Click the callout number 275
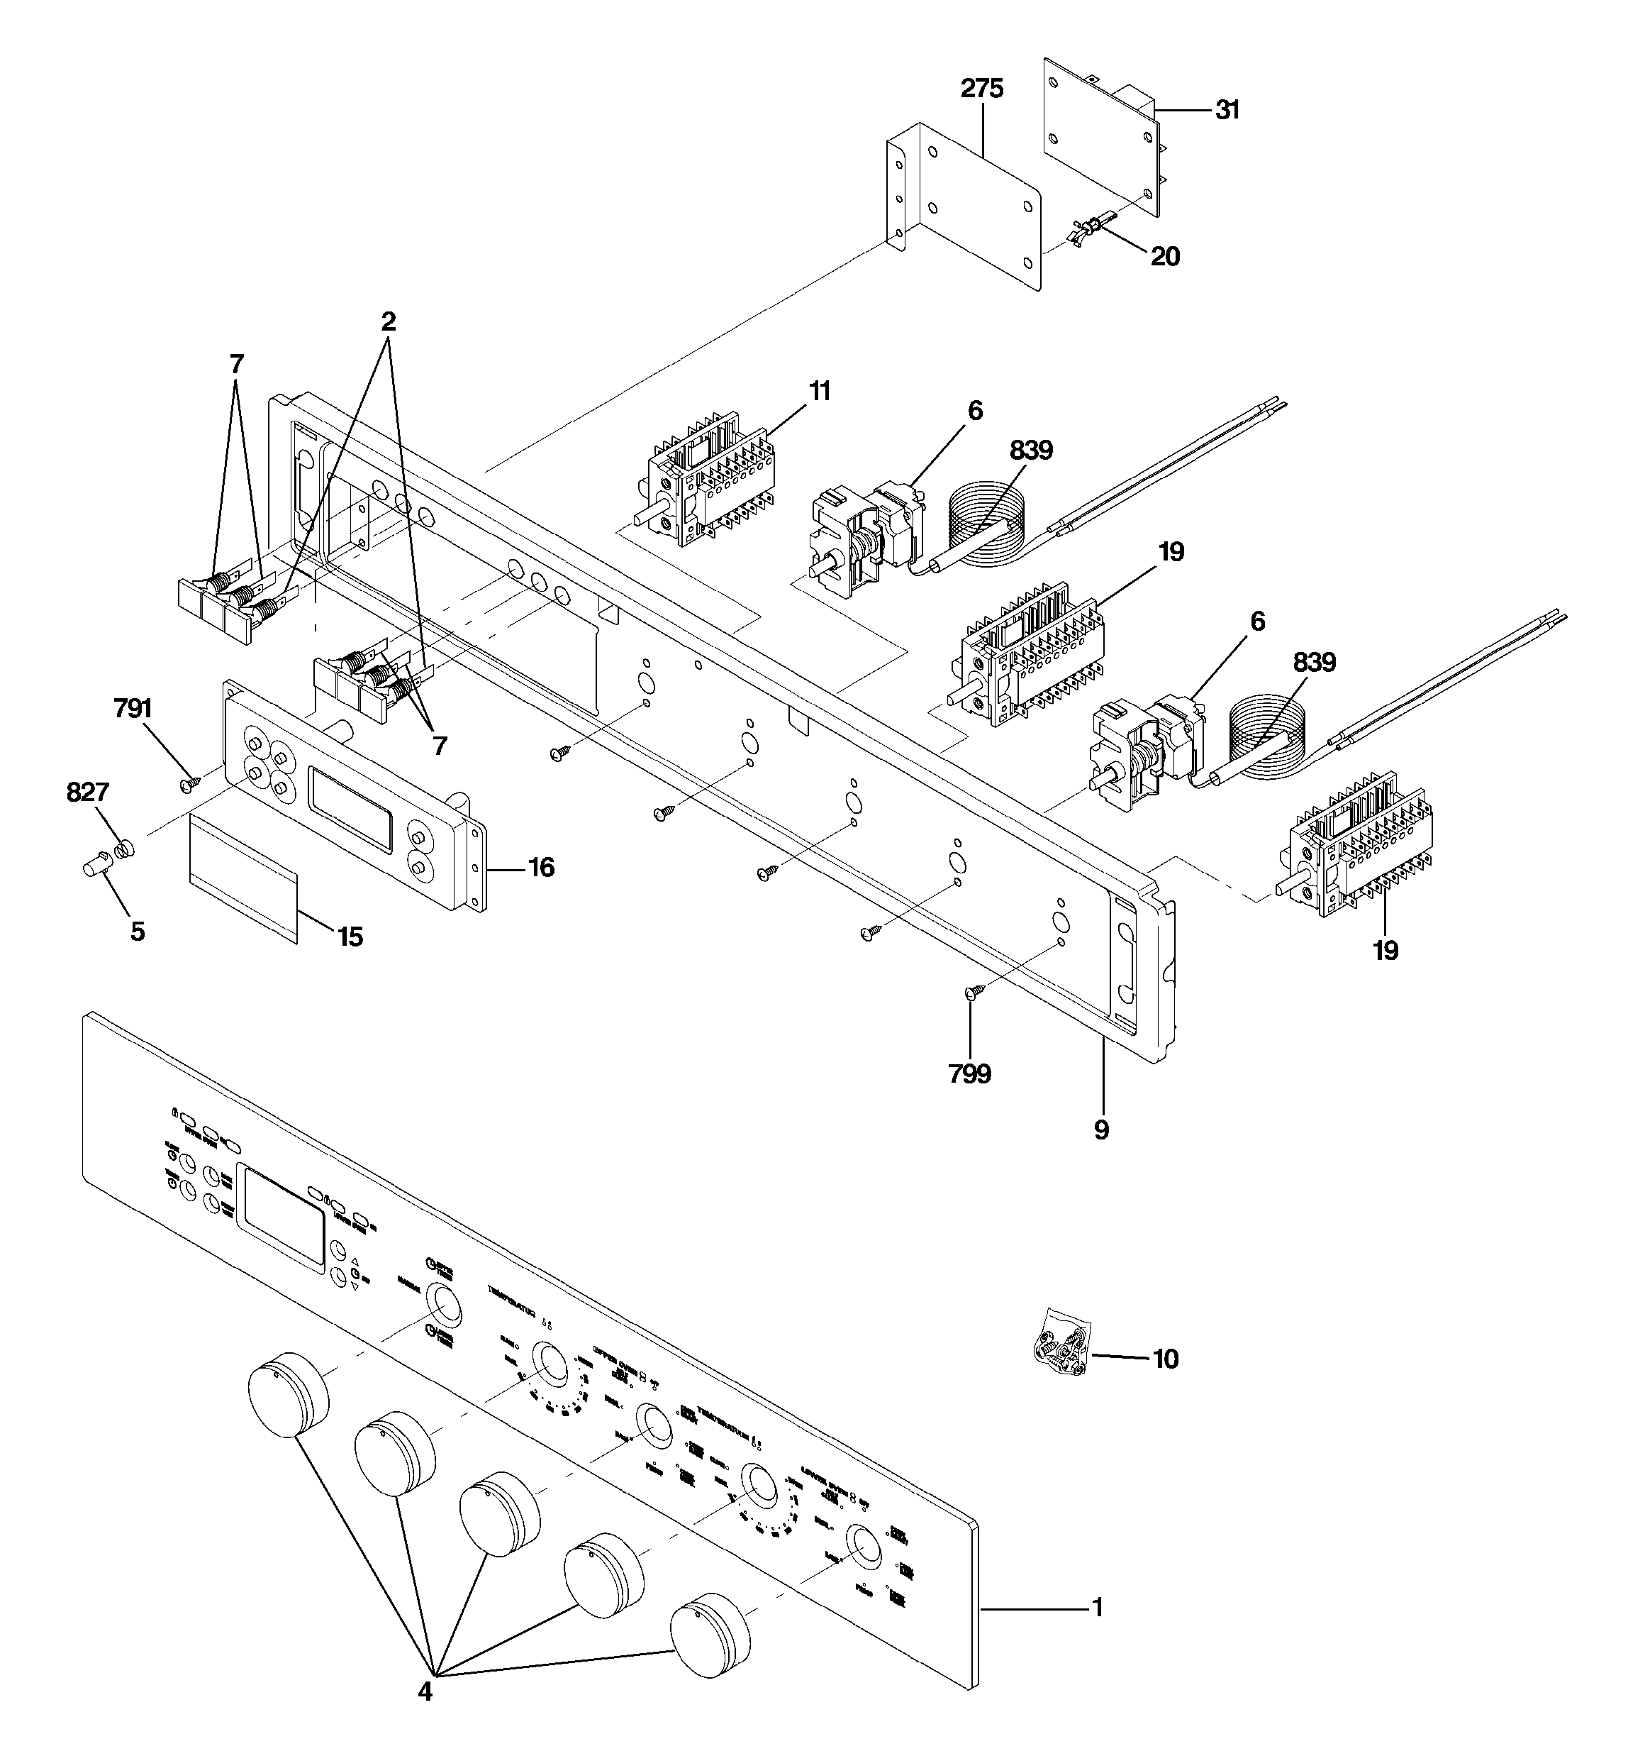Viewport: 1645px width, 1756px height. [982, 88]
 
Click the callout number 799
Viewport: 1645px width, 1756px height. [969, 1074]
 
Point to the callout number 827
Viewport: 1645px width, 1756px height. [87, 793]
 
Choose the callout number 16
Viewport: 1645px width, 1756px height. [540, 868]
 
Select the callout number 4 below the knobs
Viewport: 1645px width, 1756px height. [425, 1691]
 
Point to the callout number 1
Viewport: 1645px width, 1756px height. [1098, 1608]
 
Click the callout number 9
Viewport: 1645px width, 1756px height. [1101, 1130]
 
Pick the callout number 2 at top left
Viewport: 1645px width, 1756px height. [388, 321]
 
